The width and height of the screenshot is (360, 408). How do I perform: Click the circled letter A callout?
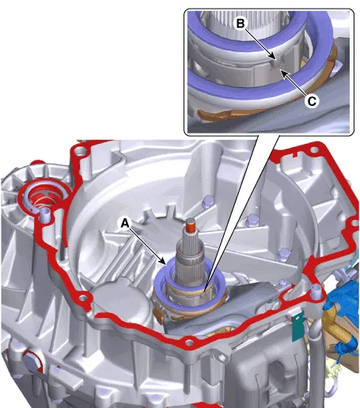[x=124, y=224]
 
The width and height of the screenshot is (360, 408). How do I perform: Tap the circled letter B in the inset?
[x=241, y=24]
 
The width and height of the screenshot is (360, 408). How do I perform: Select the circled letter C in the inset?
[x=312, y=101]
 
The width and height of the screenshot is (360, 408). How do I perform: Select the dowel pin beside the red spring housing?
[x=45, y=215]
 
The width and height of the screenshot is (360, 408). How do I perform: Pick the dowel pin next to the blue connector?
[x=316, y=292]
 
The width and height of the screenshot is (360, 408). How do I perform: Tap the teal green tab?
[x=298, y=326]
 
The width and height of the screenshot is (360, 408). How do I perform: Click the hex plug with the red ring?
[x=31, y=363]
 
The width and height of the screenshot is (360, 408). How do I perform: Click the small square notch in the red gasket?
[x=296, y=154]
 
